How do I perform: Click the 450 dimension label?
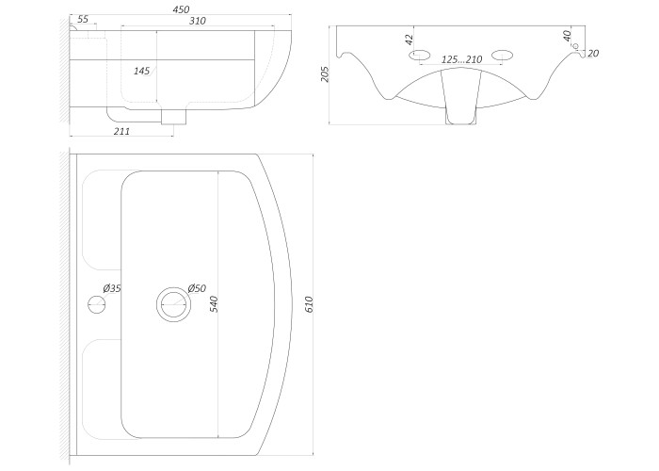pos(181,8)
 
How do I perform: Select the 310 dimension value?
pos(197,21)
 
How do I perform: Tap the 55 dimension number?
pos(83,20)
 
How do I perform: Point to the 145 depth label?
pos(141,71)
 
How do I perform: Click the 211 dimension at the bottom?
pos(121,131)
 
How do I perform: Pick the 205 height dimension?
pos(325,74)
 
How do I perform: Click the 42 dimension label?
pos(409,40)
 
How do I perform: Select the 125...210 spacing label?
pos(461,59)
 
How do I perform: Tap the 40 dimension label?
pos(567,36)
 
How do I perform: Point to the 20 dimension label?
pos(593,54)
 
